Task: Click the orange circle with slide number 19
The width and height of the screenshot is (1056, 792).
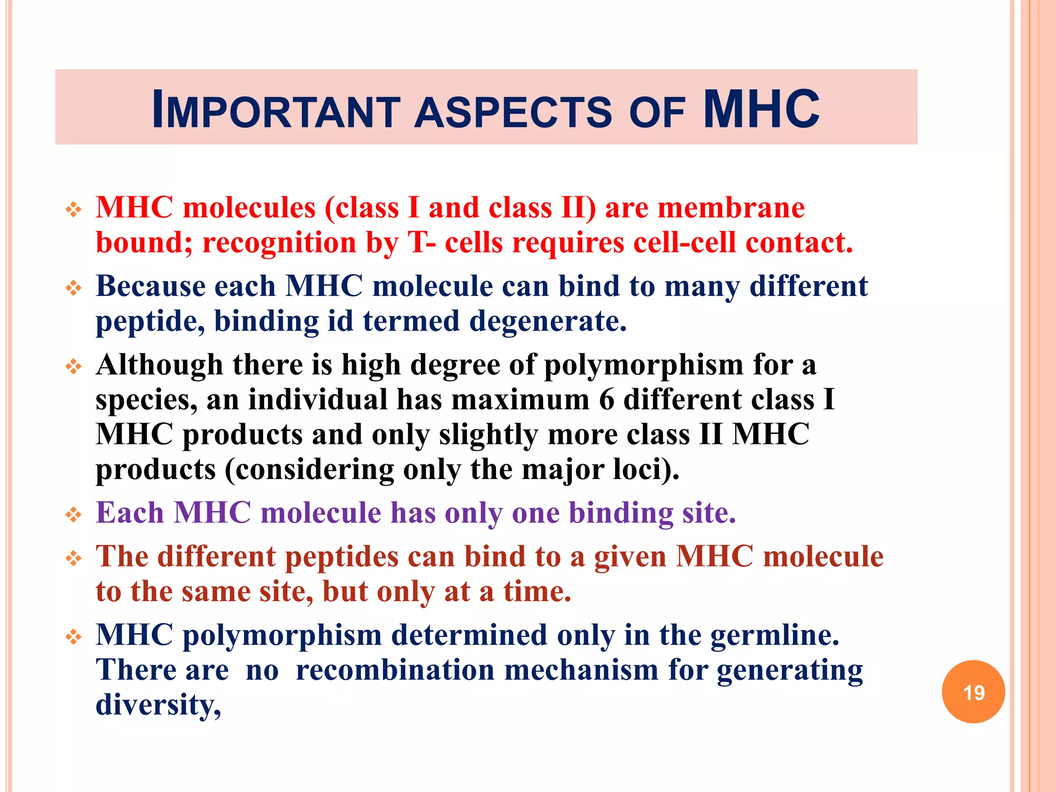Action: pyautogui.click(x=973, y=692)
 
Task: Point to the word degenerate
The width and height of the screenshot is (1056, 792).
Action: pyautogui.click(x=548, y=321)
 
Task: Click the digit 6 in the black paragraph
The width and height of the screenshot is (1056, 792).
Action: pyautogui.click(x=607, y=400)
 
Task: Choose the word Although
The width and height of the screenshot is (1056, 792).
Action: pyautogui.click(x=159, y=365)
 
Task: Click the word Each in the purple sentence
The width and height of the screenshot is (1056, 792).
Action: pyautogui.click(x=129, y=513)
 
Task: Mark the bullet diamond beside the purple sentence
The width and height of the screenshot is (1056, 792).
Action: pyautogui.click(x=74, y=515)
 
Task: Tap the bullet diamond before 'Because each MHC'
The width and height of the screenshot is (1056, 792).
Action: pyautogui.click(x=74, y=288)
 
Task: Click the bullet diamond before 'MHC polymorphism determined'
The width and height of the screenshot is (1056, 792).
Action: pyautogui.click(x=74, y=637)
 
